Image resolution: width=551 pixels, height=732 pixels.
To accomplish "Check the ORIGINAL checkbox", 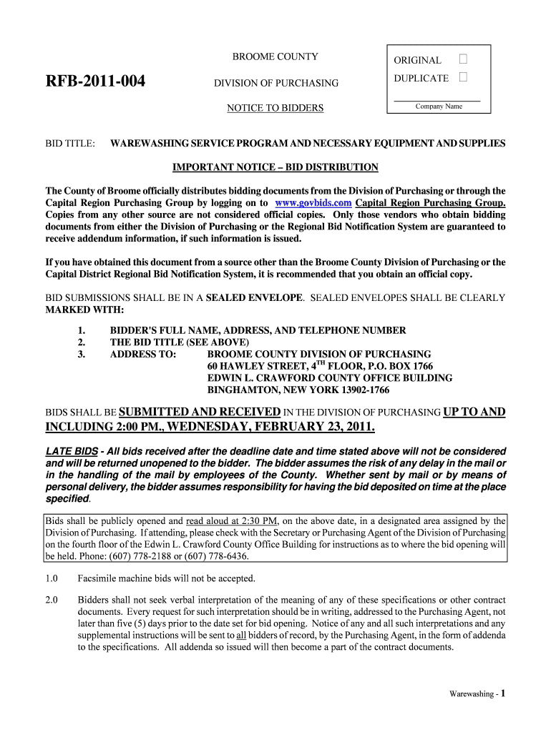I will click(463, 59).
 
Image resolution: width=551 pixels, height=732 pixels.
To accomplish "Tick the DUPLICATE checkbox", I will click(463, 77).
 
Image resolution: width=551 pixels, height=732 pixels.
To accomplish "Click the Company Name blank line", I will click(437, 99).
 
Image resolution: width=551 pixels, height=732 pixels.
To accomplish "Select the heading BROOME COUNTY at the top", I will click(275, 57).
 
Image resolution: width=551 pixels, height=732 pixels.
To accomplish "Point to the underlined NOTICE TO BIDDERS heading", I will click(275, 108).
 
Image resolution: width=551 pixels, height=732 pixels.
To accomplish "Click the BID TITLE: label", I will click(71, 144).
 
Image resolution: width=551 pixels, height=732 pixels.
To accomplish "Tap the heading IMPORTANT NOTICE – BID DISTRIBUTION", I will click(275, 167).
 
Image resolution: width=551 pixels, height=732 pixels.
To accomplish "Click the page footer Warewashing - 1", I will click(478, 693).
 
